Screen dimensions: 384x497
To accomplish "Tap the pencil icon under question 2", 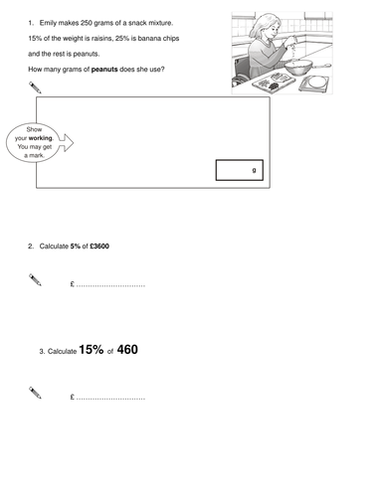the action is coord(36,283).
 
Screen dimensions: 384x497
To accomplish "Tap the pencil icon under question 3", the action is coord(36,395).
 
